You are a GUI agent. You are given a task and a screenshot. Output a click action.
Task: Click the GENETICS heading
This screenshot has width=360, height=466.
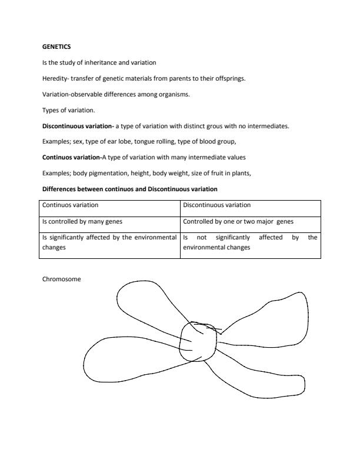tap(56, 46)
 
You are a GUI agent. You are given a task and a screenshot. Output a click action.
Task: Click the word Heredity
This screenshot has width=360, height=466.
tap(55, 78)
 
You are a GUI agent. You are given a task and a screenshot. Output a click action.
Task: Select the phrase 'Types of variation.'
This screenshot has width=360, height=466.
tap(64, 110)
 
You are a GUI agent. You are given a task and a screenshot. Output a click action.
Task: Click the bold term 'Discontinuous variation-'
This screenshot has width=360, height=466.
tap(78, 126)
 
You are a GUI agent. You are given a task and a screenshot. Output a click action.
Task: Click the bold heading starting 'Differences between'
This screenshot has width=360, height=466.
tap(130, 189)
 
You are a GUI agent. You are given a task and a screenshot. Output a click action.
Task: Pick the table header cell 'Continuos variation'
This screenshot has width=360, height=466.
tap(70, 205)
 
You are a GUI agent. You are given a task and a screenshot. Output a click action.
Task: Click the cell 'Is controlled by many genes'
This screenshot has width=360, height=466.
tap(79, 222)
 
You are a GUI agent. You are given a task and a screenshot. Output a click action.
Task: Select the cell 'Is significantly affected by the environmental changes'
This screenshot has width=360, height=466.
tap(110, 242)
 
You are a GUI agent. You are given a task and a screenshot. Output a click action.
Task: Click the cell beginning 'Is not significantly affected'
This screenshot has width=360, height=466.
tap(250, 242)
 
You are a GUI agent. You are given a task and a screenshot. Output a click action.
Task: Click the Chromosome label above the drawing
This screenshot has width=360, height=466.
tap(61, 279)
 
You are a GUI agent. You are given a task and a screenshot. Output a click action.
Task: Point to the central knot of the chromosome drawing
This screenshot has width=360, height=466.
tap(198, 341)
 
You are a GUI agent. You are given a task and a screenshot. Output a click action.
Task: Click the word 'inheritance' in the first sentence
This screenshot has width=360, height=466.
tap(98, 62)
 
